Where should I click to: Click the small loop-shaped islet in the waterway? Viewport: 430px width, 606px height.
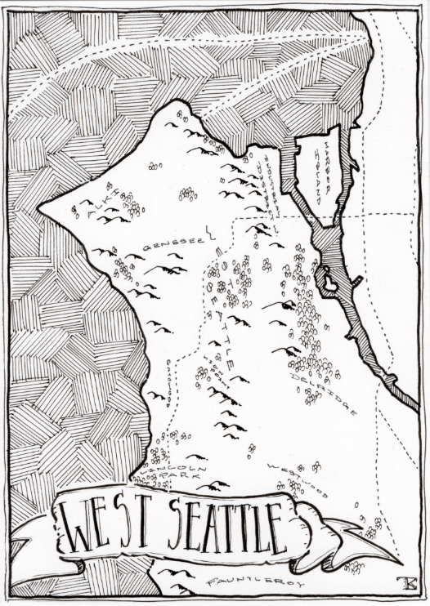[329, 283]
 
